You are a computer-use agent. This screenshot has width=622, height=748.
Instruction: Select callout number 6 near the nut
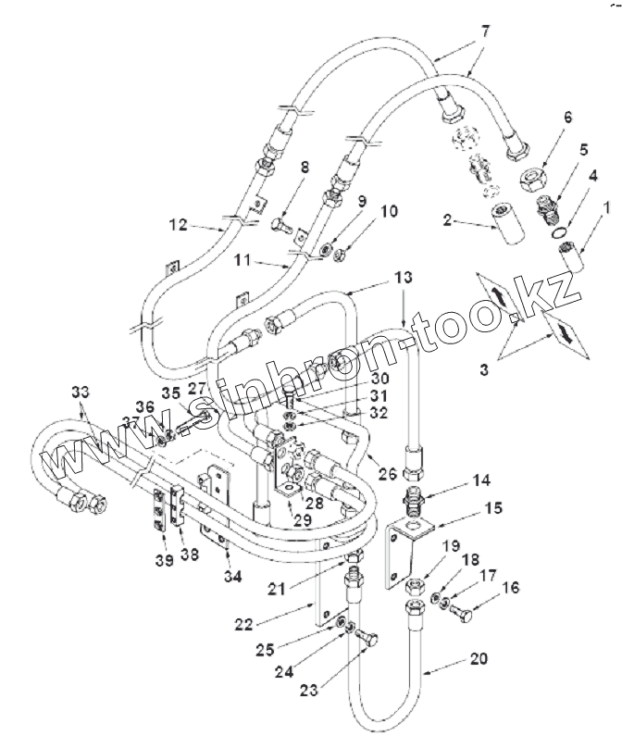[568, 118]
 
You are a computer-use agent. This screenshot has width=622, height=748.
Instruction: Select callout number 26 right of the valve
[388, 474]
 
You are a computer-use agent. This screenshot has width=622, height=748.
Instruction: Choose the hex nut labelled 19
[415, 587]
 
